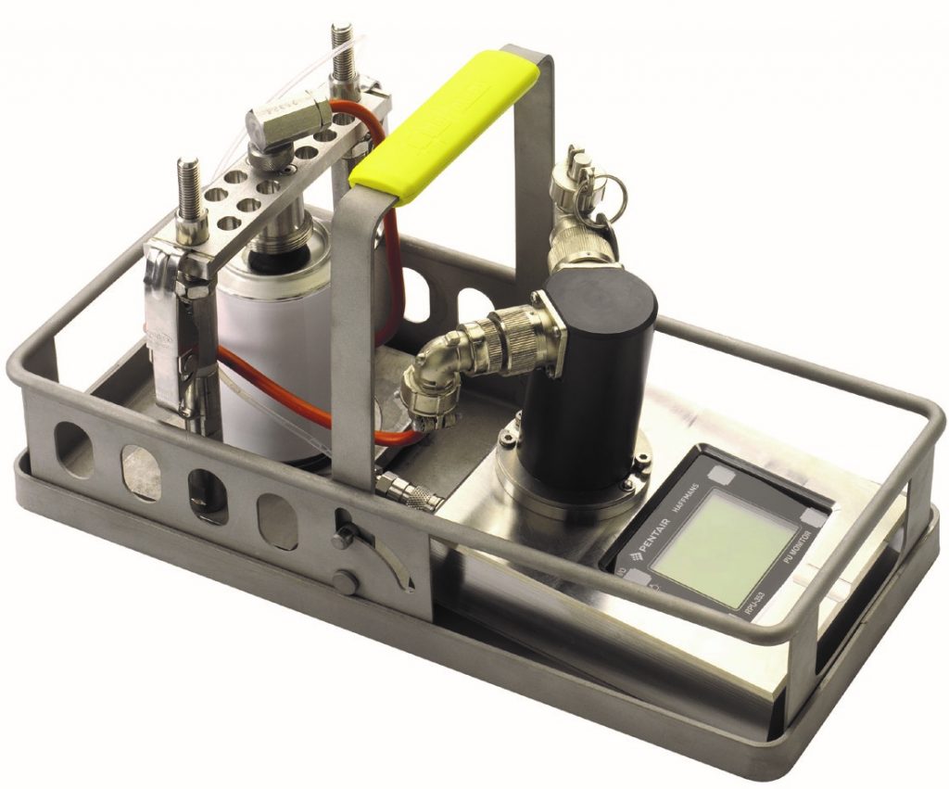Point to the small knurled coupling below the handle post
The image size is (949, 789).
tap(408, 492)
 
